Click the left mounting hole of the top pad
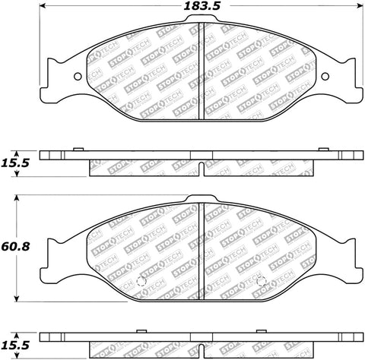79,74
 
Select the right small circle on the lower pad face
262,285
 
